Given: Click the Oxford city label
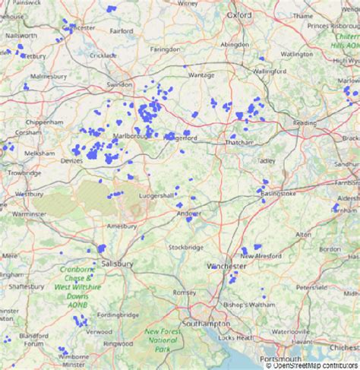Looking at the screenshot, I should tap(238, 14).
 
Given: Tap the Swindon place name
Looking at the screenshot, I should tap(119, 84).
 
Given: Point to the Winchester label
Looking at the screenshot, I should tap(226, 267).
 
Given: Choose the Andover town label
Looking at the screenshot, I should tap(188, 213).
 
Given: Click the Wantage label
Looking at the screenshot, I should tap(201, 75).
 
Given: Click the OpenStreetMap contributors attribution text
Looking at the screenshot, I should tap(312, 365).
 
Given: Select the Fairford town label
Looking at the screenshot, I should tap(122, 31).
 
